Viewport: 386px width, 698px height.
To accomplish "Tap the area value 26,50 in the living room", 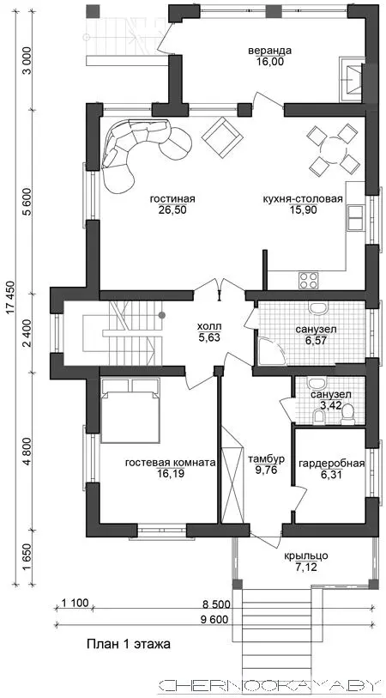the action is [x=172, y=210].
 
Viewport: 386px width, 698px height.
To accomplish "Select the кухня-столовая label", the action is [x=303, y=199].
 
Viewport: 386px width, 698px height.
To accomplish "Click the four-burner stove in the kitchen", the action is [x=308, y=280].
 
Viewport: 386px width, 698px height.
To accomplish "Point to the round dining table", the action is [x=333, y=149].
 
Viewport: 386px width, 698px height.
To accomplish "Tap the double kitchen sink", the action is [x=355, y=218].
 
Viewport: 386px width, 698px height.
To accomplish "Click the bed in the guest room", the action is [x=130, y=410].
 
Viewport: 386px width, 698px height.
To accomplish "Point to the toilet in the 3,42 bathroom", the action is [x=347, y=415].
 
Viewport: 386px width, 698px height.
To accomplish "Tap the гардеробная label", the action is [x=331, y=464].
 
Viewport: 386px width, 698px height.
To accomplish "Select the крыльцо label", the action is [x=306, y=555].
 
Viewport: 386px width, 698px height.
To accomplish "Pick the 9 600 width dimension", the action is [x=214, y=619].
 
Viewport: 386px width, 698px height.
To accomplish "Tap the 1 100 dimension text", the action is [x=75, y=604].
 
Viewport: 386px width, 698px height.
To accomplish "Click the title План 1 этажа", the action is [x=128, y=644].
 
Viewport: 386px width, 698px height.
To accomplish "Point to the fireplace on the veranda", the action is [x=353, y=78].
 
